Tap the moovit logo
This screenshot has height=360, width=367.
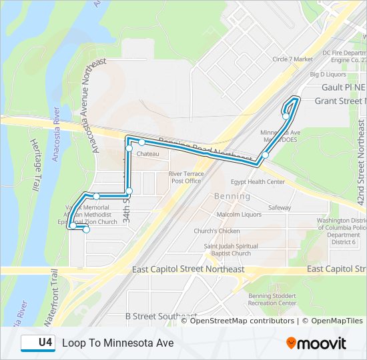(316, 343)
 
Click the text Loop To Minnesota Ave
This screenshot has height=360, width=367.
(117, 343)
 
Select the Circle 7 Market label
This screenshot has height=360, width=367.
(292, 59)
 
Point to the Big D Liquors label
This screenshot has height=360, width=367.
(327, 75)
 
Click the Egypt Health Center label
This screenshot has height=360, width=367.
(258, 181)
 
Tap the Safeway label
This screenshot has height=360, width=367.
(280, 208)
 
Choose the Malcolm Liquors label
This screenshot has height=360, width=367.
(239, 215)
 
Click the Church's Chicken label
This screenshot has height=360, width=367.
(217, 231)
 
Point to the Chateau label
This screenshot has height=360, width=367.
(147, 154)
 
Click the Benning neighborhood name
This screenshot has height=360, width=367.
(232, 197)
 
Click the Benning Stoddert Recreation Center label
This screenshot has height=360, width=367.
(272, 299)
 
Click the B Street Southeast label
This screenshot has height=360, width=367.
(161, 316)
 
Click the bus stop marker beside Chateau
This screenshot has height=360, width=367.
(142, 142)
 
